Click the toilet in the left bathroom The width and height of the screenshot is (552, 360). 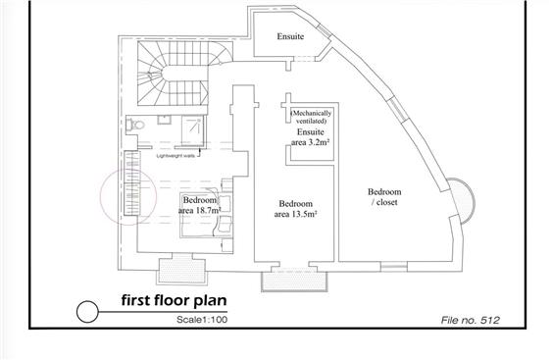[135, 126]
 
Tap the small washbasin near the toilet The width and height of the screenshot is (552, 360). [164, 120]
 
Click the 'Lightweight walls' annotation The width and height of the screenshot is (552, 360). [175, 155]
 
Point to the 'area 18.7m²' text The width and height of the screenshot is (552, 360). [199, 211]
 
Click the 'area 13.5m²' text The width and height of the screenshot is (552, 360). [295, 214]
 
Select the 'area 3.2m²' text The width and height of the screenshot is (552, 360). [310, 142]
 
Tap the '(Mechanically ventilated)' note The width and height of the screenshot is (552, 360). [311, 117]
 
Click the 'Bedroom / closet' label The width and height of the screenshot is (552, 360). [384, 197]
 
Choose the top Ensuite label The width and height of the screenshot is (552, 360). [290, 36]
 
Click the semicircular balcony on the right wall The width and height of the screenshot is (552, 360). [463, 201]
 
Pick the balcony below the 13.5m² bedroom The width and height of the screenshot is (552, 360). [295, 282]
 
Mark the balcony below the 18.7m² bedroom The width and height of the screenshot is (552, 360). [182, 271]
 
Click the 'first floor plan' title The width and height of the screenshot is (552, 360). [174, 300]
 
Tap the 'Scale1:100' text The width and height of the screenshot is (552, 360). [202, 320]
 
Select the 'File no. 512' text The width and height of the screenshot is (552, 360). [470, 320]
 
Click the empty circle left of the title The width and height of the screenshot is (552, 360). [87, 312]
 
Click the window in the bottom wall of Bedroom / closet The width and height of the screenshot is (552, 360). [393, 267]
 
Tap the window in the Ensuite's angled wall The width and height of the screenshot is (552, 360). [325, 30]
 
